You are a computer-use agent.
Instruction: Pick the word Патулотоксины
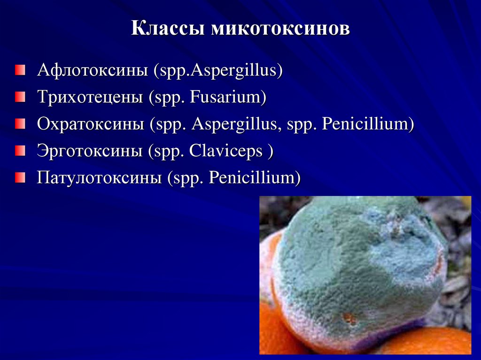tap(99, 178)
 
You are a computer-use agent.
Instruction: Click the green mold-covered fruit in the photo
tap(357, 268)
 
